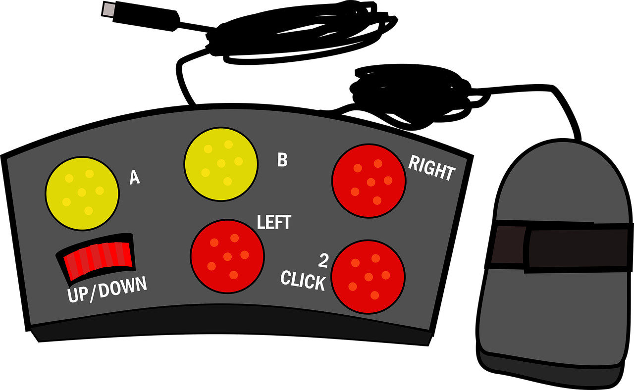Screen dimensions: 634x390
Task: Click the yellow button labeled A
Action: [x=82, y=194]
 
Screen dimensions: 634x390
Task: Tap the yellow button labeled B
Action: [x=221, y=164]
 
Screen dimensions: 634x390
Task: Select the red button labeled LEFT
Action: [x=227, y=256]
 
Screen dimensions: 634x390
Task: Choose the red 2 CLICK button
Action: [x=368, y=277]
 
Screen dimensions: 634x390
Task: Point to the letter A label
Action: [x=135, y=178]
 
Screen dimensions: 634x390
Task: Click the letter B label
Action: [x=282, y=160]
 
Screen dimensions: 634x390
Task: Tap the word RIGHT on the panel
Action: [x=431, y=168]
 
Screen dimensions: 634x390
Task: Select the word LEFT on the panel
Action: [x=274, y=222]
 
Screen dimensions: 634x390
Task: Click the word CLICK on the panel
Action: [x=303, y=281]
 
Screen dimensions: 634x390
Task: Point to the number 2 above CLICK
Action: [x=323, y=261]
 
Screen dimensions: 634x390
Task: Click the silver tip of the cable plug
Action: [x=107, y=9]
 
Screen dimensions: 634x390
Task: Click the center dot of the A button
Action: [x=82, y=193]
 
